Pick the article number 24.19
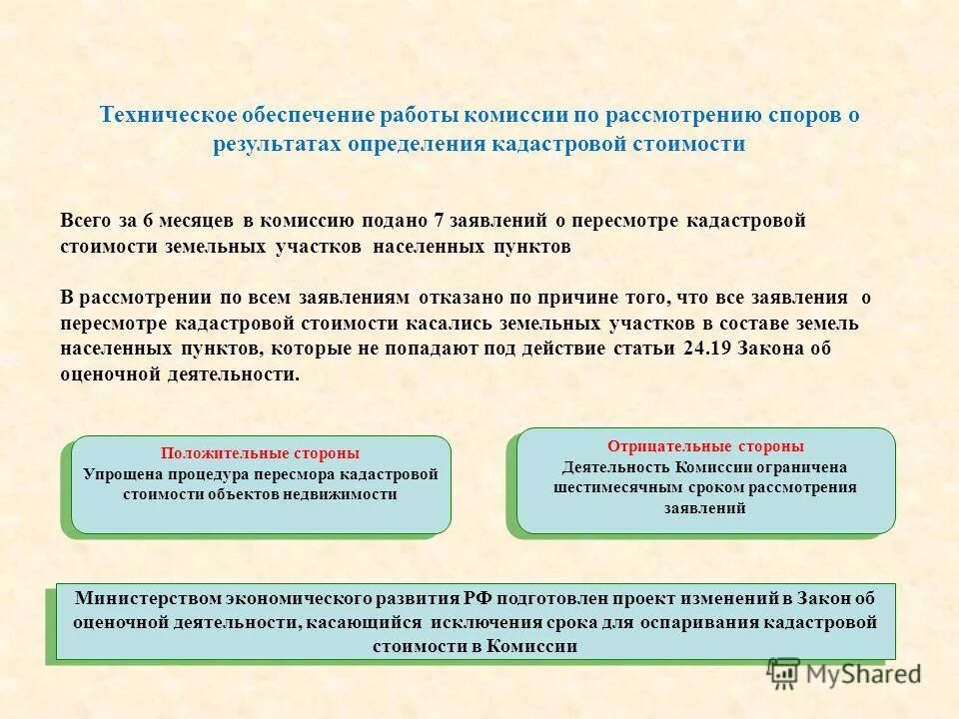pos(709,349)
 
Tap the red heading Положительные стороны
pos(260,452)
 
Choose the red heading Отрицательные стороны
pos(705,446)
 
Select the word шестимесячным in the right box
pos(612,487)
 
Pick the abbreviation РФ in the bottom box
pos(476,598)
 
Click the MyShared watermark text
pos(864,674)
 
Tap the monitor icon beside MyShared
pos(784,674)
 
